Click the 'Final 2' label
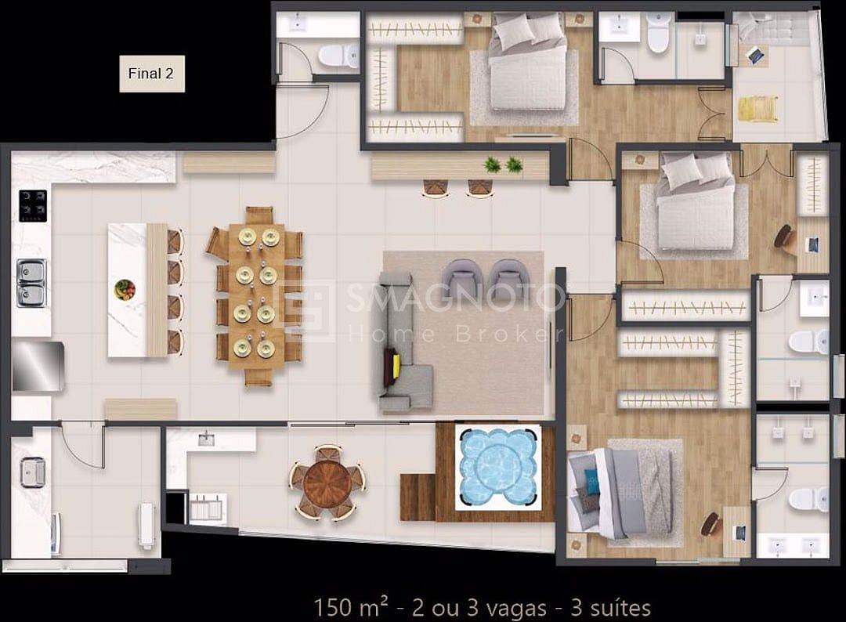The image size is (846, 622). point(151,74)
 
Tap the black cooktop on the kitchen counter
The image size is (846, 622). point(33,205)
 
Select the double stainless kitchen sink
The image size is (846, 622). point(32,283)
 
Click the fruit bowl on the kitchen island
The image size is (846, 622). point(125,289)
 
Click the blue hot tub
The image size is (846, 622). point(498,467)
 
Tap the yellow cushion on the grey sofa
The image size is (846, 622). point(396,365)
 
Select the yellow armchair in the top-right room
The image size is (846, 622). point(758,108)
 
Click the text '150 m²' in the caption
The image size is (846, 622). point(351,607)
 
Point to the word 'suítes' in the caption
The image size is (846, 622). point(620,608)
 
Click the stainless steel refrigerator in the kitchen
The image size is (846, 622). point(38,366)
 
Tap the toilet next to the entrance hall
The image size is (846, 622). point(338,56)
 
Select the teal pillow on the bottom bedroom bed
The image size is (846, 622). point(592,479)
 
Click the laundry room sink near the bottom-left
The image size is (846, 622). point(33,472)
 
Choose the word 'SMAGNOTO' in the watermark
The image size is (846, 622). point(454,298)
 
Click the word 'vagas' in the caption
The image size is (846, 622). point(516,609)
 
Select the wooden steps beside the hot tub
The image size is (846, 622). point(418,497)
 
